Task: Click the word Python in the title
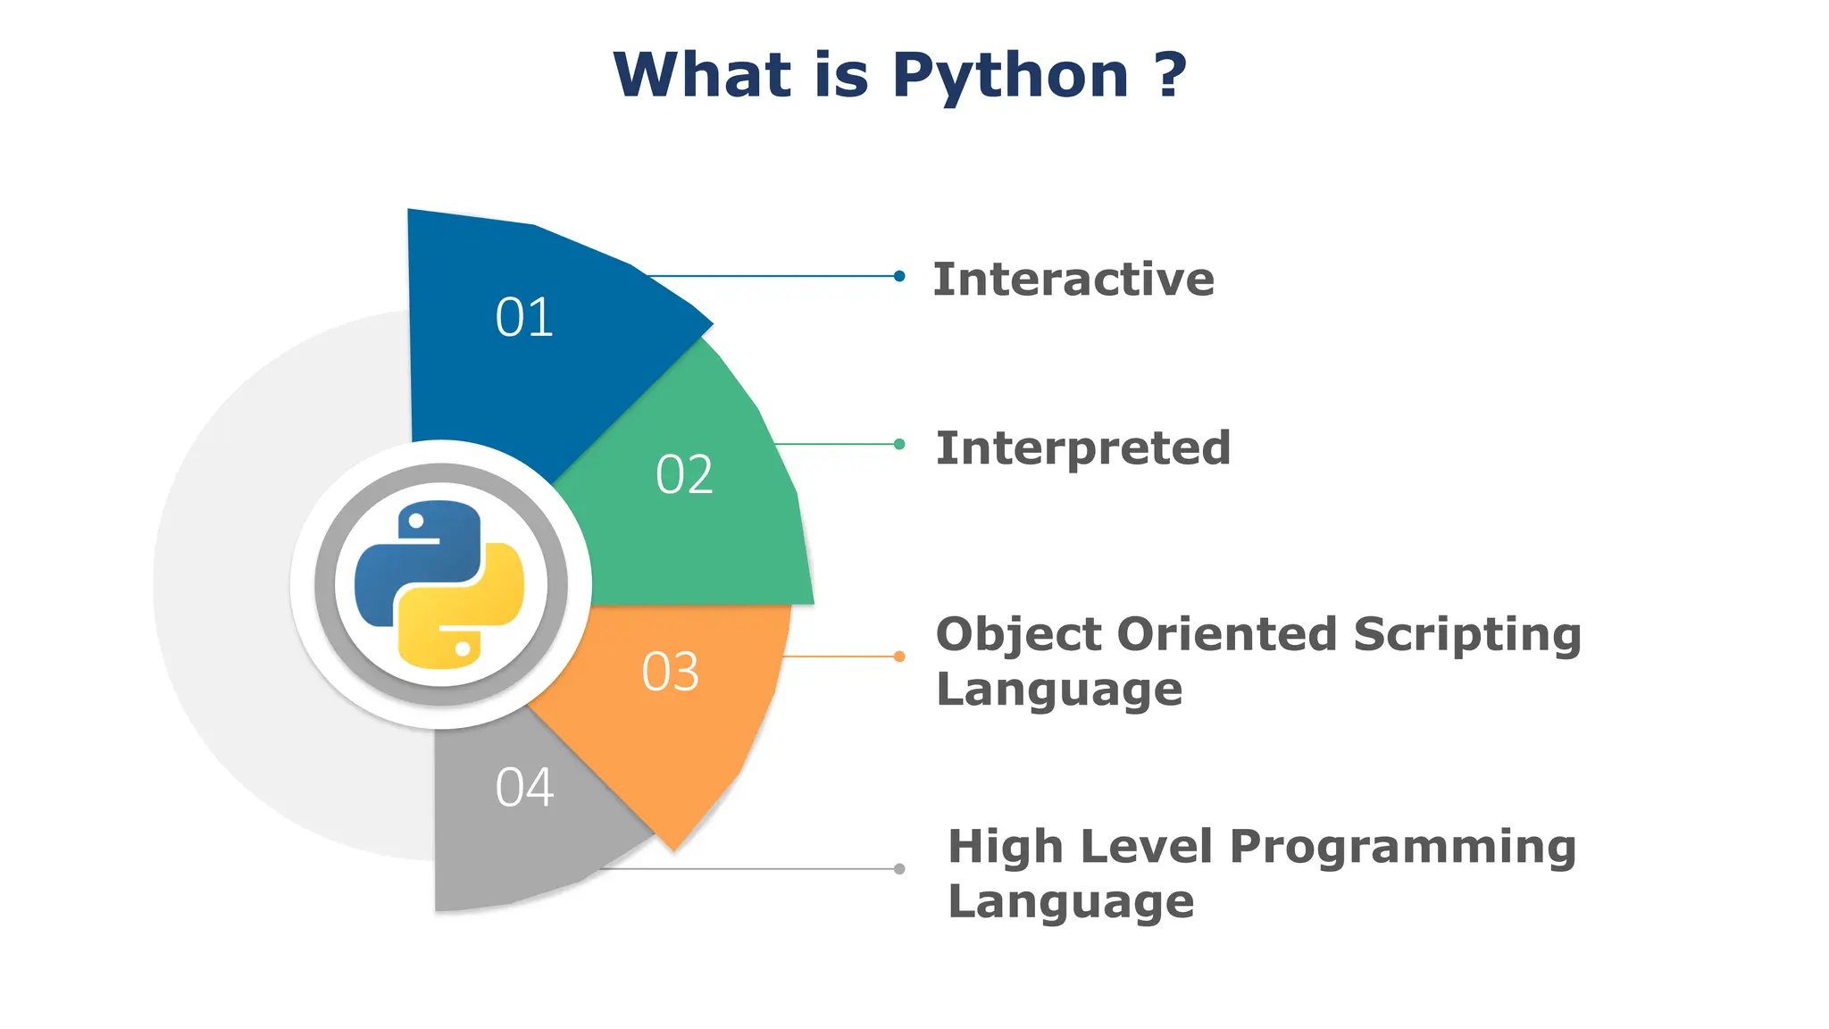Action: click(1010, 75)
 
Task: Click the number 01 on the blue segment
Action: click(524, 317)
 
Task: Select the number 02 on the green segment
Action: click(684, 474)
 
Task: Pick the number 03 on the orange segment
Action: click(670, 672)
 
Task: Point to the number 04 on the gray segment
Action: click(524, 788)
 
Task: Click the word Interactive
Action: click(1073, 280)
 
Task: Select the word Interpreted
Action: click(1082, 448)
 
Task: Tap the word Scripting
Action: click(1466, 636)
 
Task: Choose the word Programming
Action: click(1402, 847)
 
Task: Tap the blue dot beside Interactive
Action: click(899, 276)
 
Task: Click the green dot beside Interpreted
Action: click(899, 444)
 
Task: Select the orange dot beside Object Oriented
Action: click(899, 657)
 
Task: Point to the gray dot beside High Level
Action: click(899, 868)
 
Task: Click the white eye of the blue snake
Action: click(416, 521)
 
